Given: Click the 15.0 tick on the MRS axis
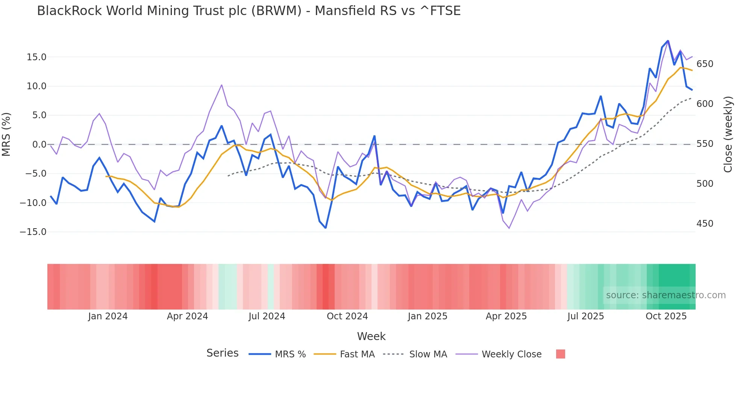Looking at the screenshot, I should [x=36, y=57].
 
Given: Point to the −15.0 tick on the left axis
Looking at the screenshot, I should [x=33, y=232].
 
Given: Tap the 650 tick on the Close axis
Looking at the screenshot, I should [x=705, y=64].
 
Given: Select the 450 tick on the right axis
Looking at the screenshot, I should [x=705, y=224].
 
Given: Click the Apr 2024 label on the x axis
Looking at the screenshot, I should [x=187, y=316].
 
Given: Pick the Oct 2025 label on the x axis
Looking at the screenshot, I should [x=666, y=316].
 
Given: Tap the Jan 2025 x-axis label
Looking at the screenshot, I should [x=428, y=316].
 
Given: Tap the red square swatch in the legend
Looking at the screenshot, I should [x=560, y=354].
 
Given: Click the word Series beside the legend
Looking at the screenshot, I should [x=222, y=353].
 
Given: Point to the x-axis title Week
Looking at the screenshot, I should [x=371, y=336].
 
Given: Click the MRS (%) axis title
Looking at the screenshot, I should [x=6, y=134].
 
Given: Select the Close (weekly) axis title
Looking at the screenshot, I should [x=728, y=134].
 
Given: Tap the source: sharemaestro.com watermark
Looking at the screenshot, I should [x=666, y=295].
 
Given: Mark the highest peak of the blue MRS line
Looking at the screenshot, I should [x=668, y=41].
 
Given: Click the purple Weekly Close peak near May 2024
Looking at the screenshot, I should [x=221, y=85].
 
